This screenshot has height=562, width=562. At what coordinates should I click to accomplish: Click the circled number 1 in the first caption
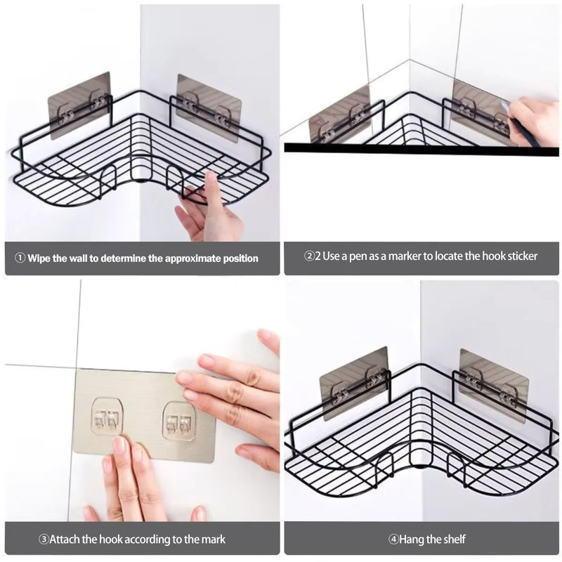tap(20, 258)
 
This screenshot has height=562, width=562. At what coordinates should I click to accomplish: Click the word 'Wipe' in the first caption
tap(39, 258)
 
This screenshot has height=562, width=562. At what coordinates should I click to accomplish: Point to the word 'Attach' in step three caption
tap(65, 539)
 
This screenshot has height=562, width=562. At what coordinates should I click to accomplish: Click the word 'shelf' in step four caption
tap(454, 539)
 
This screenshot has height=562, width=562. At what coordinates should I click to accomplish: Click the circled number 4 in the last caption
tap(394, 539)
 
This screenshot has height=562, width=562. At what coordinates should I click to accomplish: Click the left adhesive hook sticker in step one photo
tap(79, 106)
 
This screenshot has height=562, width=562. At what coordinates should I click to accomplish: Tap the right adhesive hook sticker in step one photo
tap(209, 107)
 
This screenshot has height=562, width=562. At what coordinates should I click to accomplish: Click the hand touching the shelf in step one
tap(209, 209)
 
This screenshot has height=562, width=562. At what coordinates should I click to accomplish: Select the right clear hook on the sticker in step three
tap(179, 421)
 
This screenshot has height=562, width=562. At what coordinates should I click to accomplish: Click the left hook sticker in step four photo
tap(354, 384)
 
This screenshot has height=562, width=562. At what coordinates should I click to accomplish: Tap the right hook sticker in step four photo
tap(494, 386)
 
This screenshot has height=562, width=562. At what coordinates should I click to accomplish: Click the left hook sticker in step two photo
tap(340, 114)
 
